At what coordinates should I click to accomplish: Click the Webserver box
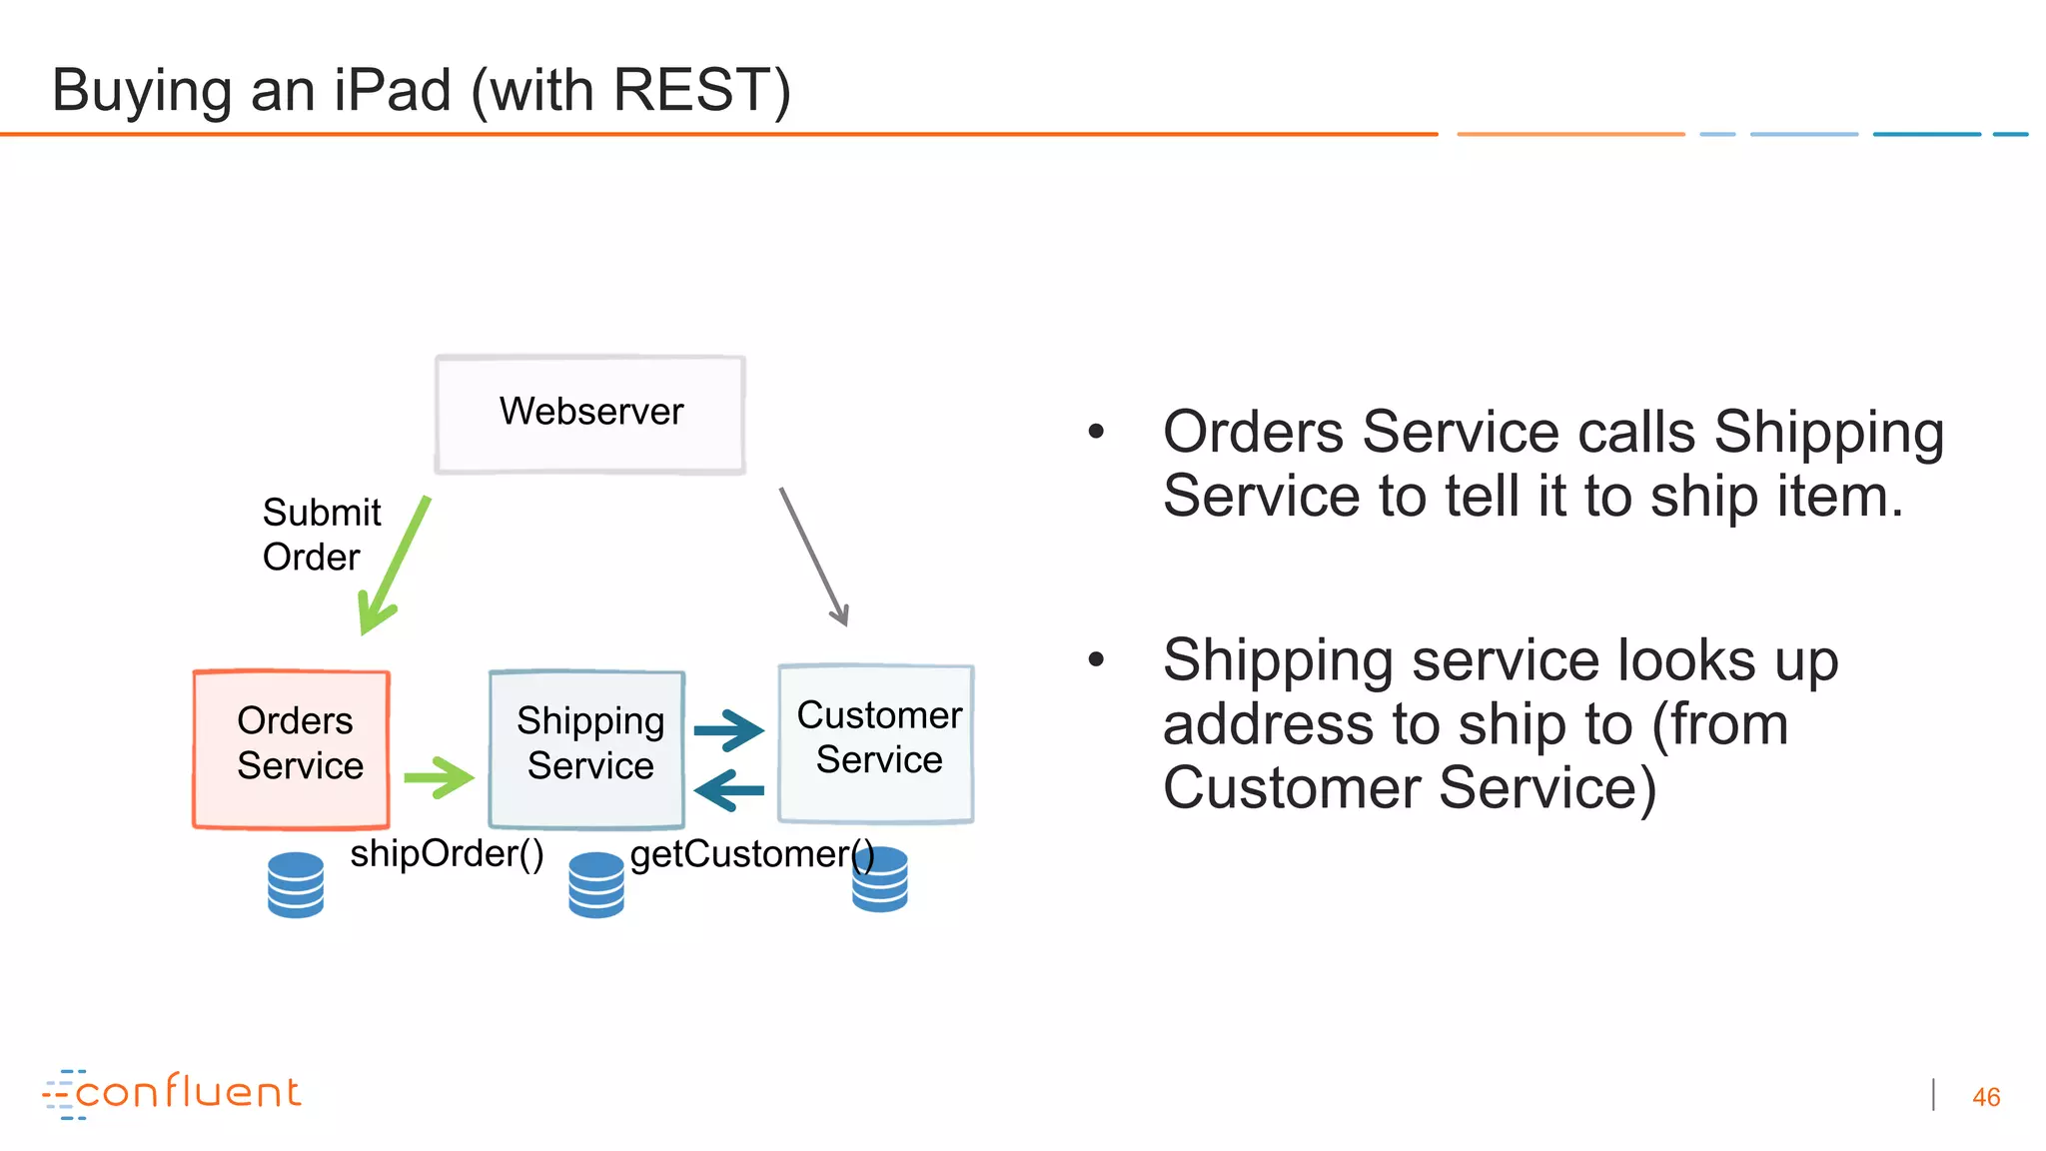coord(590,414)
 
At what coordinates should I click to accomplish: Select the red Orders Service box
coord(291,748)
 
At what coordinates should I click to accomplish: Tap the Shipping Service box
coord(586,748)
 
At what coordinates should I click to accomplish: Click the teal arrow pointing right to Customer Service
coord(728,730)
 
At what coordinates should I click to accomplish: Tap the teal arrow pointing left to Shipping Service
coord(728,790)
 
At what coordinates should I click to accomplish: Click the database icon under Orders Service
coord(296,884)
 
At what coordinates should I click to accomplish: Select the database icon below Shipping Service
coord(596,884)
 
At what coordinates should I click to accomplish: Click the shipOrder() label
coord(447,854)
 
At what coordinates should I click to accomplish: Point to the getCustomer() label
coord(751,854)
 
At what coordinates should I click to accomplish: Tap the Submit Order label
coord(321,535)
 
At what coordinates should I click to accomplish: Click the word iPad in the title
coord(393,90)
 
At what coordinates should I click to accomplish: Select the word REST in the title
coord(689,90)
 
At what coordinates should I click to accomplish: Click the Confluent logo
coord(172,1093)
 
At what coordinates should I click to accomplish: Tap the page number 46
coord(1985,1097)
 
